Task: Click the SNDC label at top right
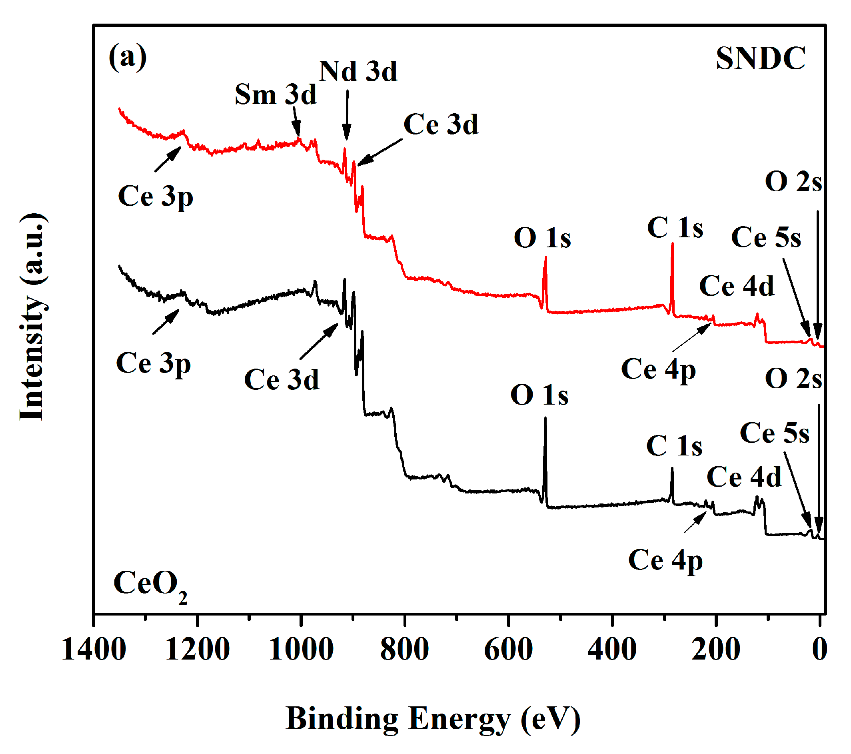coord(760,58)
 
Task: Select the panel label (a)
coord(128,56)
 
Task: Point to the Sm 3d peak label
coord(275,94)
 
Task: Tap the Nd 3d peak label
coord(358,71)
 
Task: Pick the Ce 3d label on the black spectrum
coord(282,379)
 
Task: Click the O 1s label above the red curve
coord(542,238)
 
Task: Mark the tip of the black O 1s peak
coord(545,418)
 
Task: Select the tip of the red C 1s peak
coord(672,244)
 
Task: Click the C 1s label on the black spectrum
coord(674,446)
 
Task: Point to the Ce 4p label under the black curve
coord(665,560)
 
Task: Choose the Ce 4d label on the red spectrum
coord(737,286)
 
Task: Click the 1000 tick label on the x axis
coord(301,650)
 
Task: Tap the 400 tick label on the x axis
coord(612,650)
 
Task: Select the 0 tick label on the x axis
coord(819,650)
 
